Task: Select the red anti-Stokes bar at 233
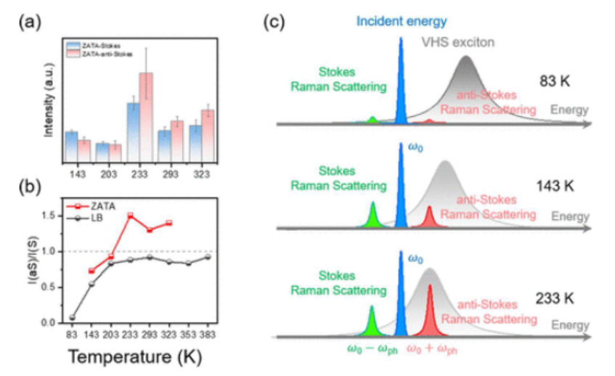click(146, 117)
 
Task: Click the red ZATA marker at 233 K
click(131, 216)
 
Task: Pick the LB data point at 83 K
click(72, 317)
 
